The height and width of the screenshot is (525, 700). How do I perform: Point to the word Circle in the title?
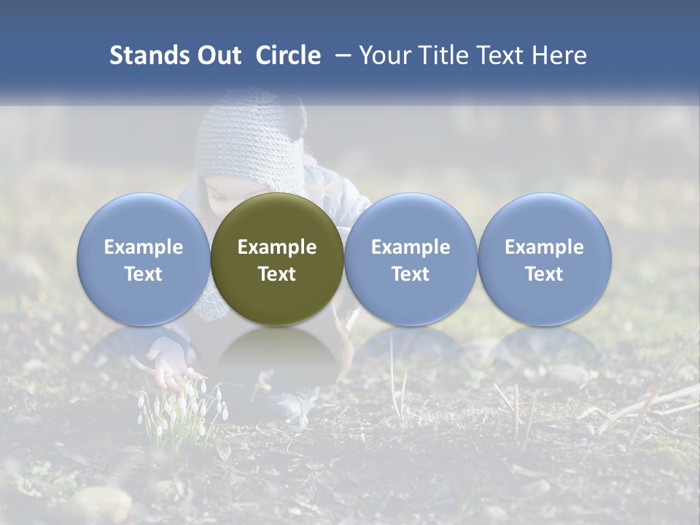coord(288,55)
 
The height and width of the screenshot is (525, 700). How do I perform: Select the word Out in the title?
coord(218,55)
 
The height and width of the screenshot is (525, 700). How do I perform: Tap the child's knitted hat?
coord(251,142)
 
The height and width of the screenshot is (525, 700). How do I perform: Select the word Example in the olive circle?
coord(277,247)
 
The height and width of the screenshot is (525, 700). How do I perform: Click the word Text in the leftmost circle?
coord(143,274)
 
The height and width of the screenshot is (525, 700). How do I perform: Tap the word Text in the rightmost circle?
coord(544,274)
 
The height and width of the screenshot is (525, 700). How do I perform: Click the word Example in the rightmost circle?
coord(544,247)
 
